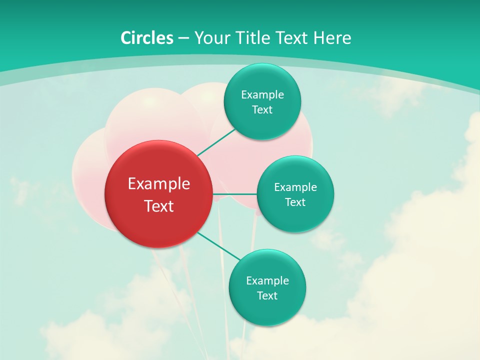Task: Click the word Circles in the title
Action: point(146,38)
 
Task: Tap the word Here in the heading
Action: point(332,38)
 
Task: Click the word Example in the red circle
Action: point(159,184)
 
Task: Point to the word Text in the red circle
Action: point(159,206)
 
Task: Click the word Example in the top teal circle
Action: point(262,95)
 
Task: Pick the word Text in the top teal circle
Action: point(262,110)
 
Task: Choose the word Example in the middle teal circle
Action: point(295,187)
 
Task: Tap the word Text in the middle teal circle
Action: point(295,202)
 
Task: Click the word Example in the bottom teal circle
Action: point(267,281)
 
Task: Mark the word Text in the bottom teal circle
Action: point(267,296)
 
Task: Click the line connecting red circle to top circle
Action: point(216,142)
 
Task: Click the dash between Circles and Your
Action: point(183,38)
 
